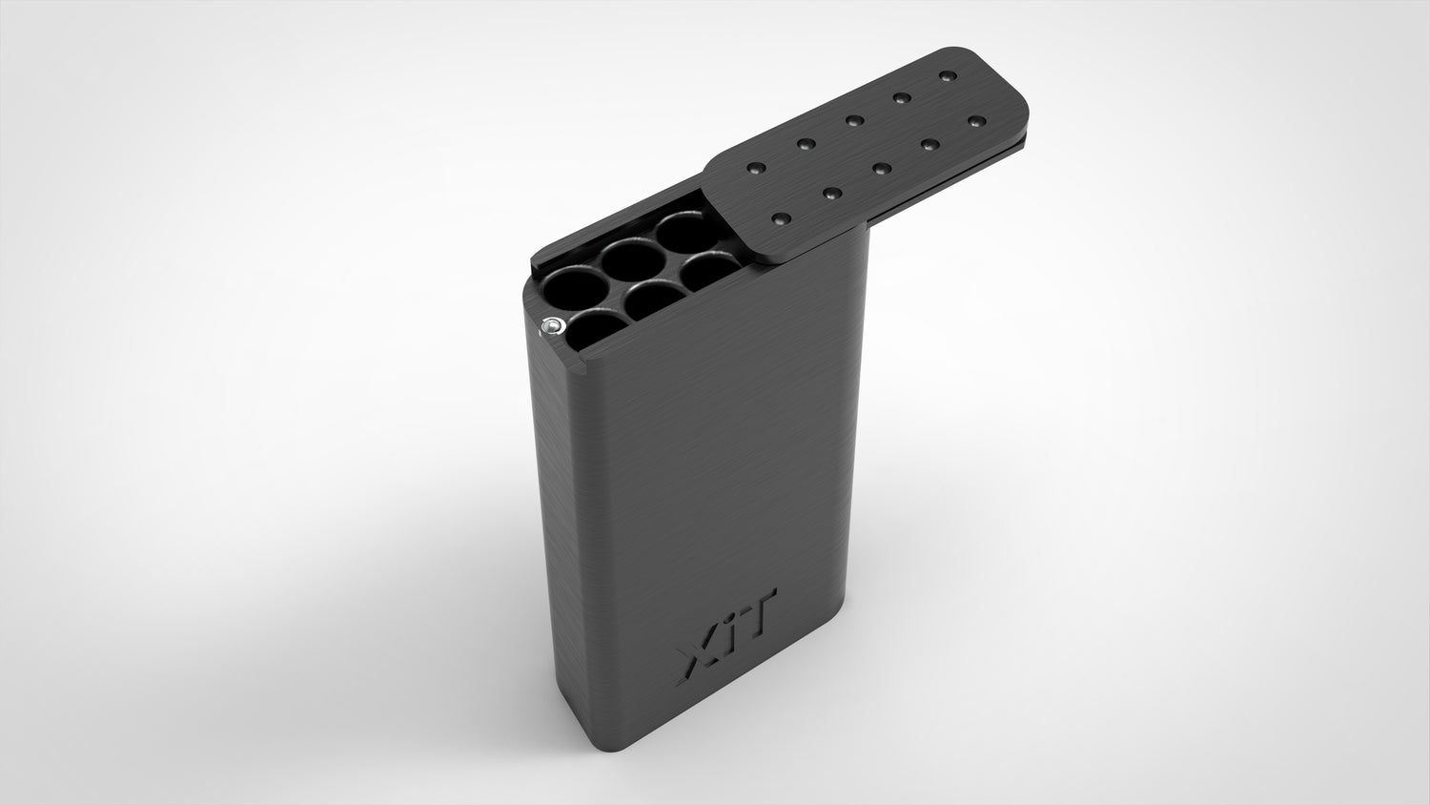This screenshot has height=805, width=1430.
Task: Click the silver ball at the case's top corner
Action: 551,327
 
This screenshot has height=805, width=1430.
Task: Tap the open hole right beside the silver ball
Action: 596,329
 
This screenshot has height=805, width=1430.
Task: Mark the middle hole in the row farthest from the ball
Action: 633,258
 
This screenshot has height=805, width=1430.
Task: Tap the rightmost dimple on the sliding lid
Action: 975,121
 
